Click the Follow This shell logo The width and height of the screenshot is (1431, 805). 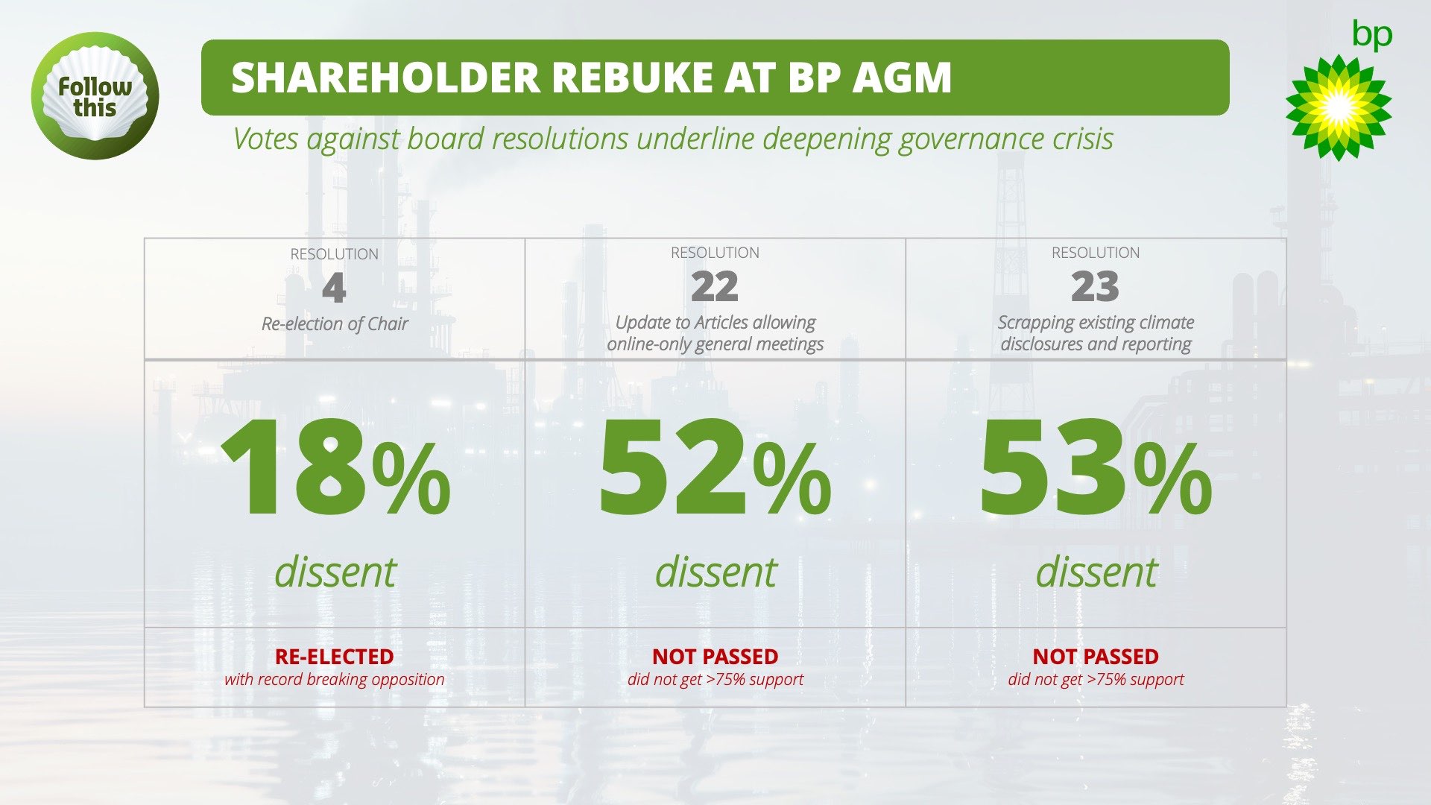95,95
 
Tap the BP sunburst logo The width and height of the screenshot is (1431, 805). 1338,107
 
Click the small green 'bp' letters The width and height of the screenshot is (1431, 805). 1371,35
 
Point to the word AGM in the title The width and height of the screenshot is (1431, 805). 902,78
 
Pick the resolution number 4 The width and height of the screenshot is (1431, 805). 334,288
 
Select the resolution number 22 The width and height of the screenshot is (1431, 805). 714,287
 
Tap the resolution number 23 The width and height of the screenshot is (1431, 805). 1095,287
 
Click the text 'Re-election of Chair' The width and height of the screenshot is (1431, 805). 335,323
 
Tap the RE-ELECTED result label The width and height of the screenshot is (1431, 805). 334,657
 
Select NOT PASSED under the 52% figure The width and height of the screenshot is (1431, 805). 715,657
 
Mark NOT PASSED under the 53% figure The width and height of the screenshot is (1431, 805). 1095,657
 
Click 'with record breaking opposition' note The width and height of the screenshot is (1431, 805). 334,679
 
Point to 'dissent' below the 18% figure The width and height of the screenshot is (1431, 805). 335,572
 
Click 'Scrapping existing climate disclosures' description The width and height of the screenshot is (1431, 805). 1095,332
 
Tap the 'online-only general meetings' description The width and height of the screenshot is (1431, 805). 715,344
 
